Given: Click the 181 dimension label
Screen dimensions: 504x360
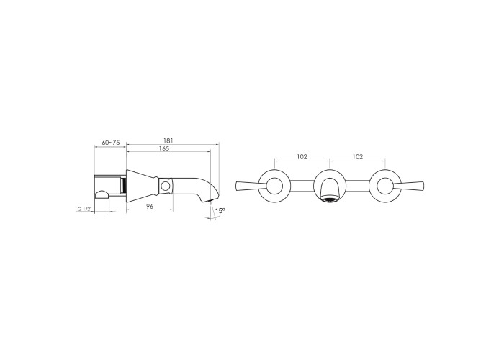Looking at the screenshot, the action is (168, 140).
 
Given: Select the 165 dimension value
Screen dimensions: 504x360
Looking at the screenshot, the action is (164, 148).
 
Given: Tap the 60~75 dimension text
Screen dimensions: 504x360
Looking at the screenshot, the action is (111, 142).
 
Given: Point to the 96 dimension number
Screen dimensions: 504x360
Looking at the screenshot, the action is (150, 207).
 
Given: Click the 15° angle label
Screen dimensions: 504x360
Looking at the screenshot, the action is (220, 211).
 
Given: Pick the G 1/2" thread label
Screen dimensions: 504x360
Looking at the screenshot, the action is (85, 210).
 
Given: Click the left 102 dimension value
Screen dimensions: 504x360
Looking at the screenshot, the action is (302, 156).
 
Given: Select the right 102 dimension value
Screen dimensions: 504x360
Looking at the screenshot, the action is (357, 156).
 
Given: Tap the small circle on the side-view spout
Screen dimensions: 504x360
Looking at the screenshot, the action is (166, 186).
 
